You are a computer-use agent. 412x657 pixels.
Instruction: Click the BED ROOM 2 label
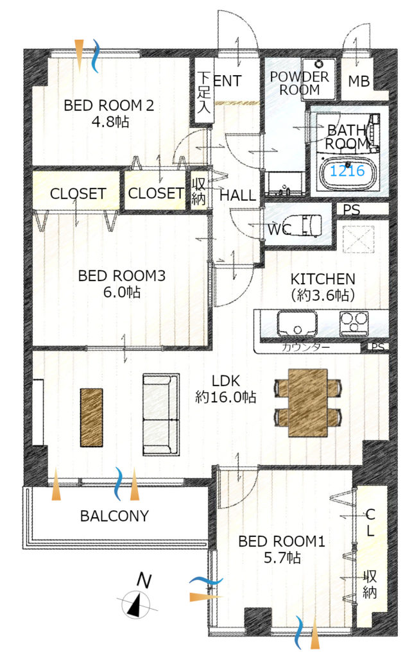pos(109,105)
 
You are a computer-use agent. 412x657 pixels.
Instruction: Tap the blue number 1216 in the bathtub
pos(347,171)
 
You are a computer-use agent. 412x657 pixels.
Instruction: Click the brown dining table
pos(307,403)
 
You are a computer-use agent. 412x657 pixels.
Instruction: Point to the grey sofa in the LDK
pos(161,415)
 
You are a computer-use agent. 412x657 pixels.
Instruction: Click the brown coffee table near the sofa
pos(91,418)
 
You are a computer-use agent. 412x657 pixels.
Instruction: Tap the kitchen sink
pos(296,323)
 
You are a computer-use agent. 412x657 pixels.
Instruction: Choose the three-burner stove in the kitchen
pos(354,323)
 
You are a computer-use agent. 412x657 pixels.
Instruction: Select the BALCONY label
pos(114,516)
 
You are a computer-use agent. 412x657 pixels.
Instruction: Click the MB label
pos(359,81)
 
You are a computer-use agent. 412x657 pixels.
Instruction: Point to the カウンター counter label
pos(306,347)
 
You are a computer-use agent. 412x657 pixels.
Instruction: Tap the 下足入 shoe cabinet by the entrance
pos(203,92)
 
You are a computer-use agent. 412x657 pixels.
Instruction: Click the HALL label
pos(237,195)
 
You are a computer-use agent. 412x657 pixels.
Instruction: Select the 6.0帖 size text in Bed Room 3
pos(122,292)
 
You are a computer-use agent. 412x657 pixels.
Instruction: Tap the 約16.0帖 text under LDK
pos(225,397)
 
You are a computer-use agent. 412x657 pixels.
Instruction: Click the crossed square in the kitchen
pos(358,239)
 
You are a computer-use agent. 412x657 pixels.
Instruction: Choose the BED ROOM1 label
pos(282,541)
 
